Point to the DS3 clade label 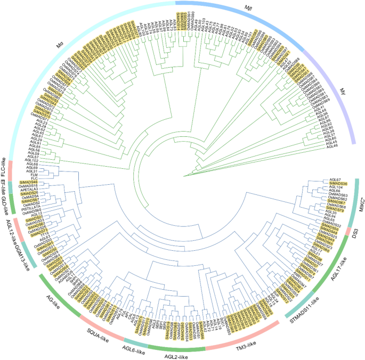(355, 233)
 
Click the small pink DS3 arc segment (348, 231)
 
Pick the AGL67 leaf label (335, 179)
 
